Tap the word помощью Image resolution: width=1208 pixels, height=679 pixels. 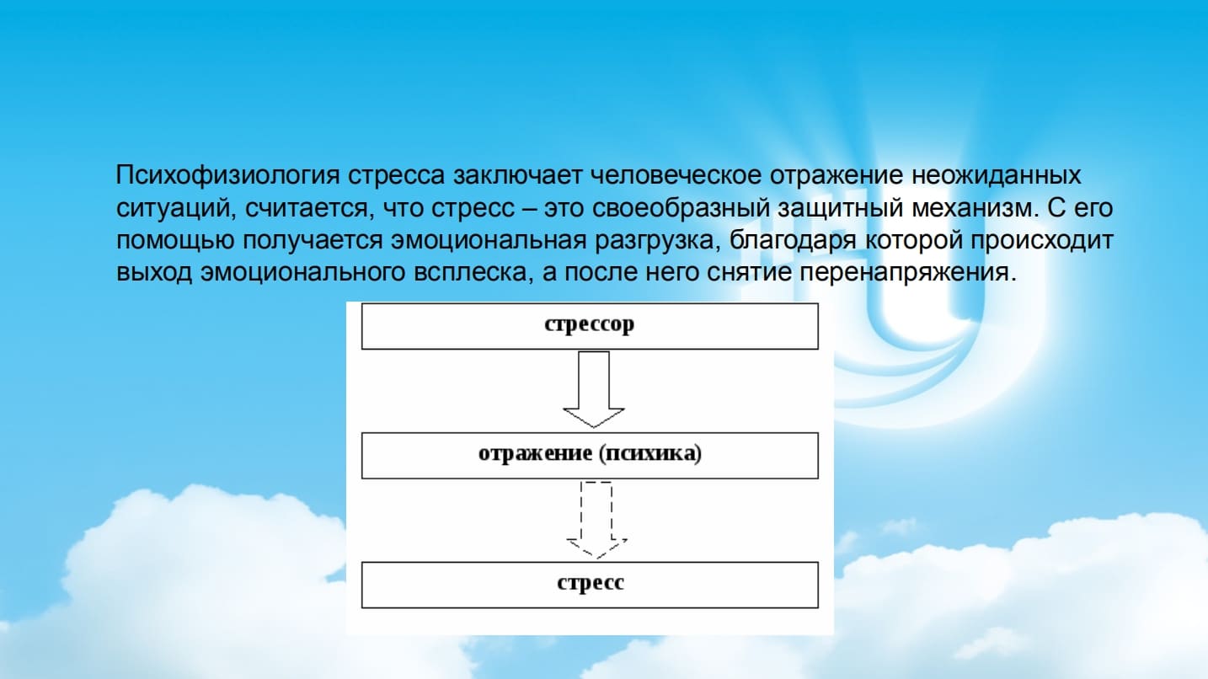click(175, 241)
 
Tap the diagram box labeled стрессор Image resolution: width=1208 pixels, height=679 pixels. click(590, 326)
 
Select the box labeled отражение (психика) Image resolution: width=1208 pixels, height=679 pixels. click(590, 455)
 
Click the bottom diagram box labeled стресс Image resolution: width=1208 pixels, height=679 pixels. click(590, 584)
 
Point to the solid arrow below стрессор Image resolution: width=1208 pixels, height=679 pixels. click(594, 389)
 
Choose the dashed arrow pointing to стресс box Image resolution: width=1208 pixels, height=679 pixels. click(596, 519)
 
